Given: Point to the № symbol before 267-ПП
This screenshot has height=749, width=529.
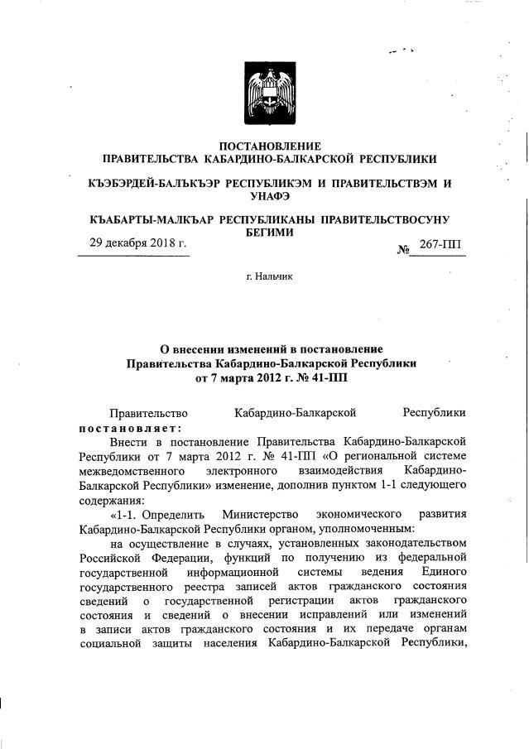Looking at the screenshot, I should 404,247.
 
